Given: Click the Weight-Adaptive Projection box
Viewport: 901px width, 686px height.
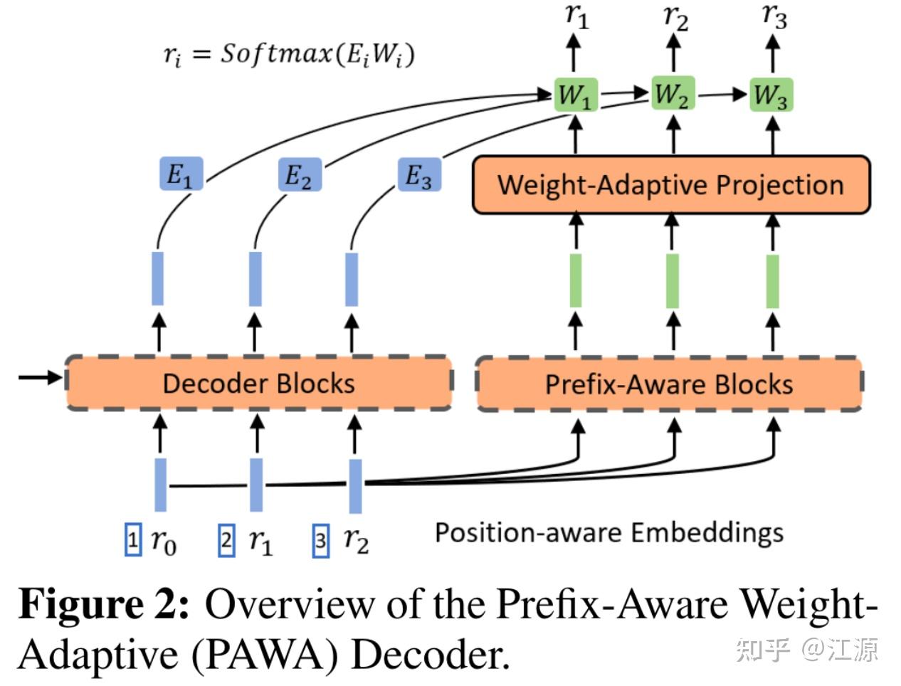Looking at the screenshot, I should pos(670,185).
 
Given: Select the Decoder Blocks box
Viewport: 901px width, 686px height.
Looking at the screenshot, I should pos(258,384).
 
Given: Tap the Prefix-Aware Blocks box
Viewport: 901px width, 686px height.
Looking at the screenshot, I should pos(669,384).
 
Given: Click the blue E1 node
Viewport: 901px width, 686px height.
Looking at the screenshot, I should pos(181,174).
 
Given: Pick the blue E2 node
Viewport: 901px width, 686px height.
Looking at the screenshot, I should pos(299,174).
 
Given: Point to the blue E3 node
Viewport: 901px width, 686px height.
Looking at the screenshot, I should pos(418,175).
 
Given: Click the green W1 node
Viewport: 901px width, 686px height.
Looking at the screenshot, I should pos(575,95).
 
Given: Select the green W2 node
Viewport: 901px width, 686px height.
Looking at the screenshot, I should pos(672,94).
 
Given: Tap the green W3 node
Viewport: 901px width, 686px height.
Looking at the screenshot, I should pos(771,95).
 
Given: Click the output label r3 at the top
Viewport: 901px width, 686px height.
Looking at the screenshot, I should pos(774,16).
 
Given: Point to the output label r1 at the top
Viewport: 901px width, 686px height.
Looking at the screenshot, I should pos(576,16).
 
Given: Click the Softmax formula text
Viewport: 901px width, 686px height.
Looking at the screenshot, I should pos(288,54).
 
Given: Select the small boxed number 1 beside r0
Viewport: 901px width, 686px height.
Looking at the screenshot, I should pos(133,540).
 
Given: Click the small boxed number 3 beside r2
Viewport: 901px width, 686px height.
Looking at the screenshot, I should pos(321,541).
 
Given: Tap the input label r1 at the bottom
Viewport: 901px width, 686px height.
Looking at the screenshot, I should pos(260,542).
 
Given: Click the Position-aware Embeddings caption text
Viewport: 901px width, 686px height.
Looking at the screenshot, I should pos(609,532).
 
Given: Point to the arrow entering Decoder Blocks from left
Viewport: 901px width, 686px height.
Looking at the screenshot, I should pos(41,377).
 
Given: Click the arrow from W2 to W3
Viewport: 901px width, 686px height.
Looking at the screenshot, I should pos(721,94).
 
